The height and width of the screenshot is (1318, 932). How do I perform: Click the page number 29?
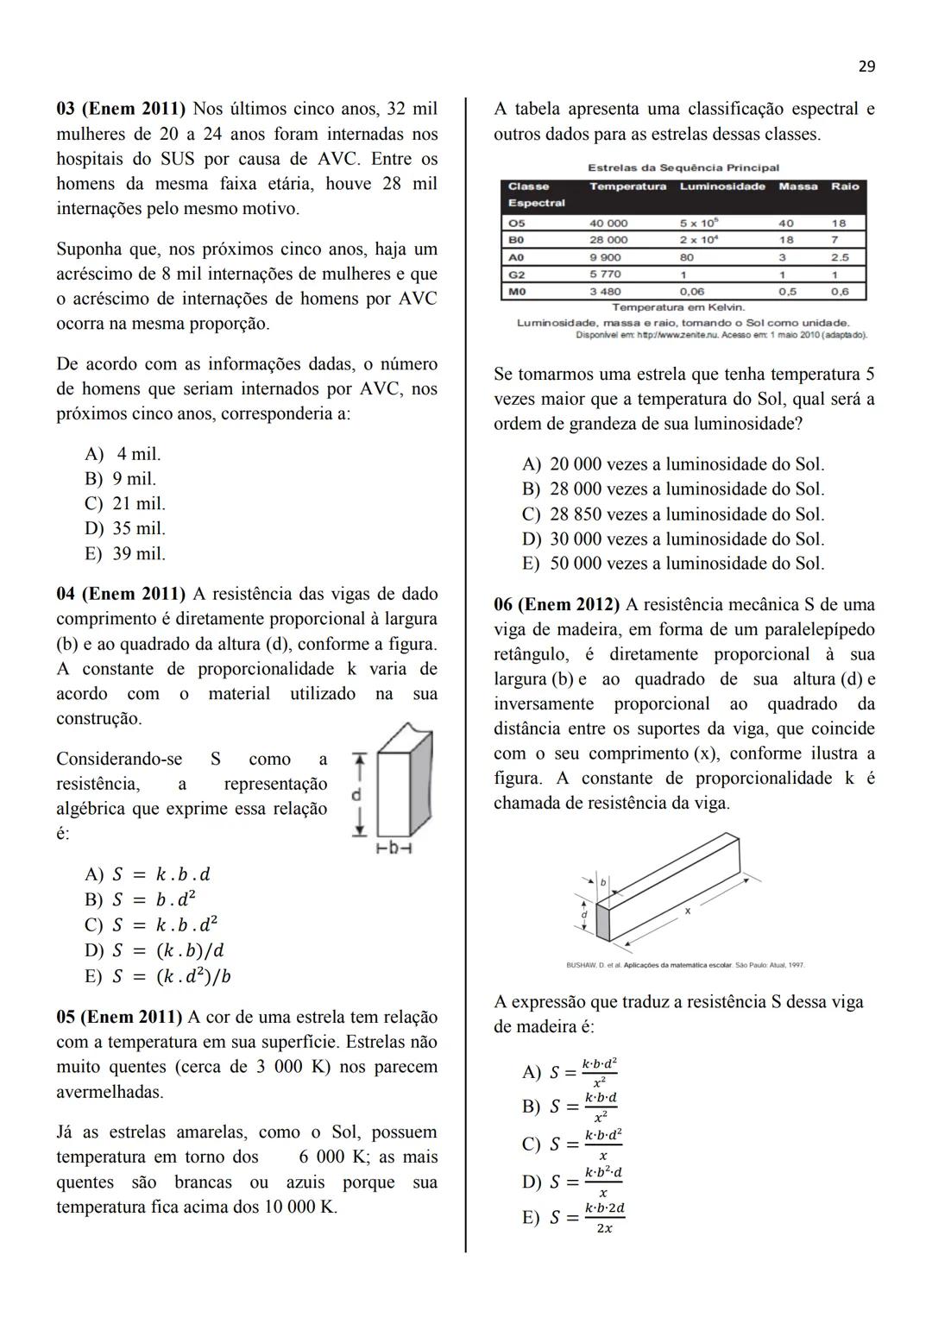point(866,66)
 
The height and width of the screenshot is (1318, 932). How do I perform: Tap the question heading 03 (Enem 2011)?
point(121,110)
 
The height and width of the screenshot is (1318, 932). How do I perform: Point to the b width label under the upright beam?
point(394,848)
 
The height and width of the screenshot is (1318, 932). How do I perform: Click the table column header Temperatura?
point(627,186)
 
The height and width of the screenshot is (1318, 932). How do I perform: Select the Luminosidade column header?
point(722,186)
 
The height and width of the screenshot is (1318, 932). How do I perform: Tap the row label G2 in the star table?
point(517,274)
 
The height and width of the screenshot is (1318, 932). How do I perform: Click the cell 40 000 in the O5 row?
point(608,223)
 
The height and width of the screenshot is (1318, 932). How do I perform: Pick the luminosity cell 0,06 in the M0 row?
point(691,292)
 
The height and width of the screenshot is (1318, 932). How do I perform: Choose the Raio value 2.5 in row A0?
point(839,257)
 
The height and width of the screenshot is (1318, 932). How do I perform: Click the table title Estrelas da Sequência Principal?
point(683,167)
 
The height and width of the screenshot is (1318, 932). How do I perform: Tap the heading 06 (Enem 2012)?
point(557,605)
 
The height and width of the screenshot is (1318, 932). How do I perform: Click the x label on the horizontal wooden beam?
point(688,911)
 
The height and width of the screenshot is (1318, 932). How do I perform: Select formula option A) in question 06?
point(570,1072)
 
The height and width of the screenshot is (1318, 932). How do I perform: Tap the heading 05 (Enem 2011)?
point(119,1018)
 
